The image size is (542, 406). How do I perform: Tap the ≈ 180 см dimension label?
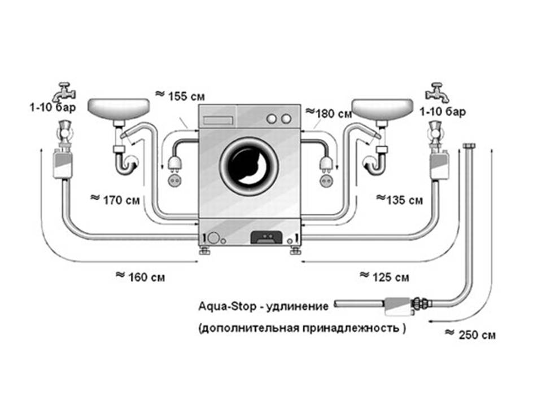point(329,113)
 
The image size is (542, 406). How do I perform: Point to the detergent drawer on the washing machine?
point(217,120)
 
